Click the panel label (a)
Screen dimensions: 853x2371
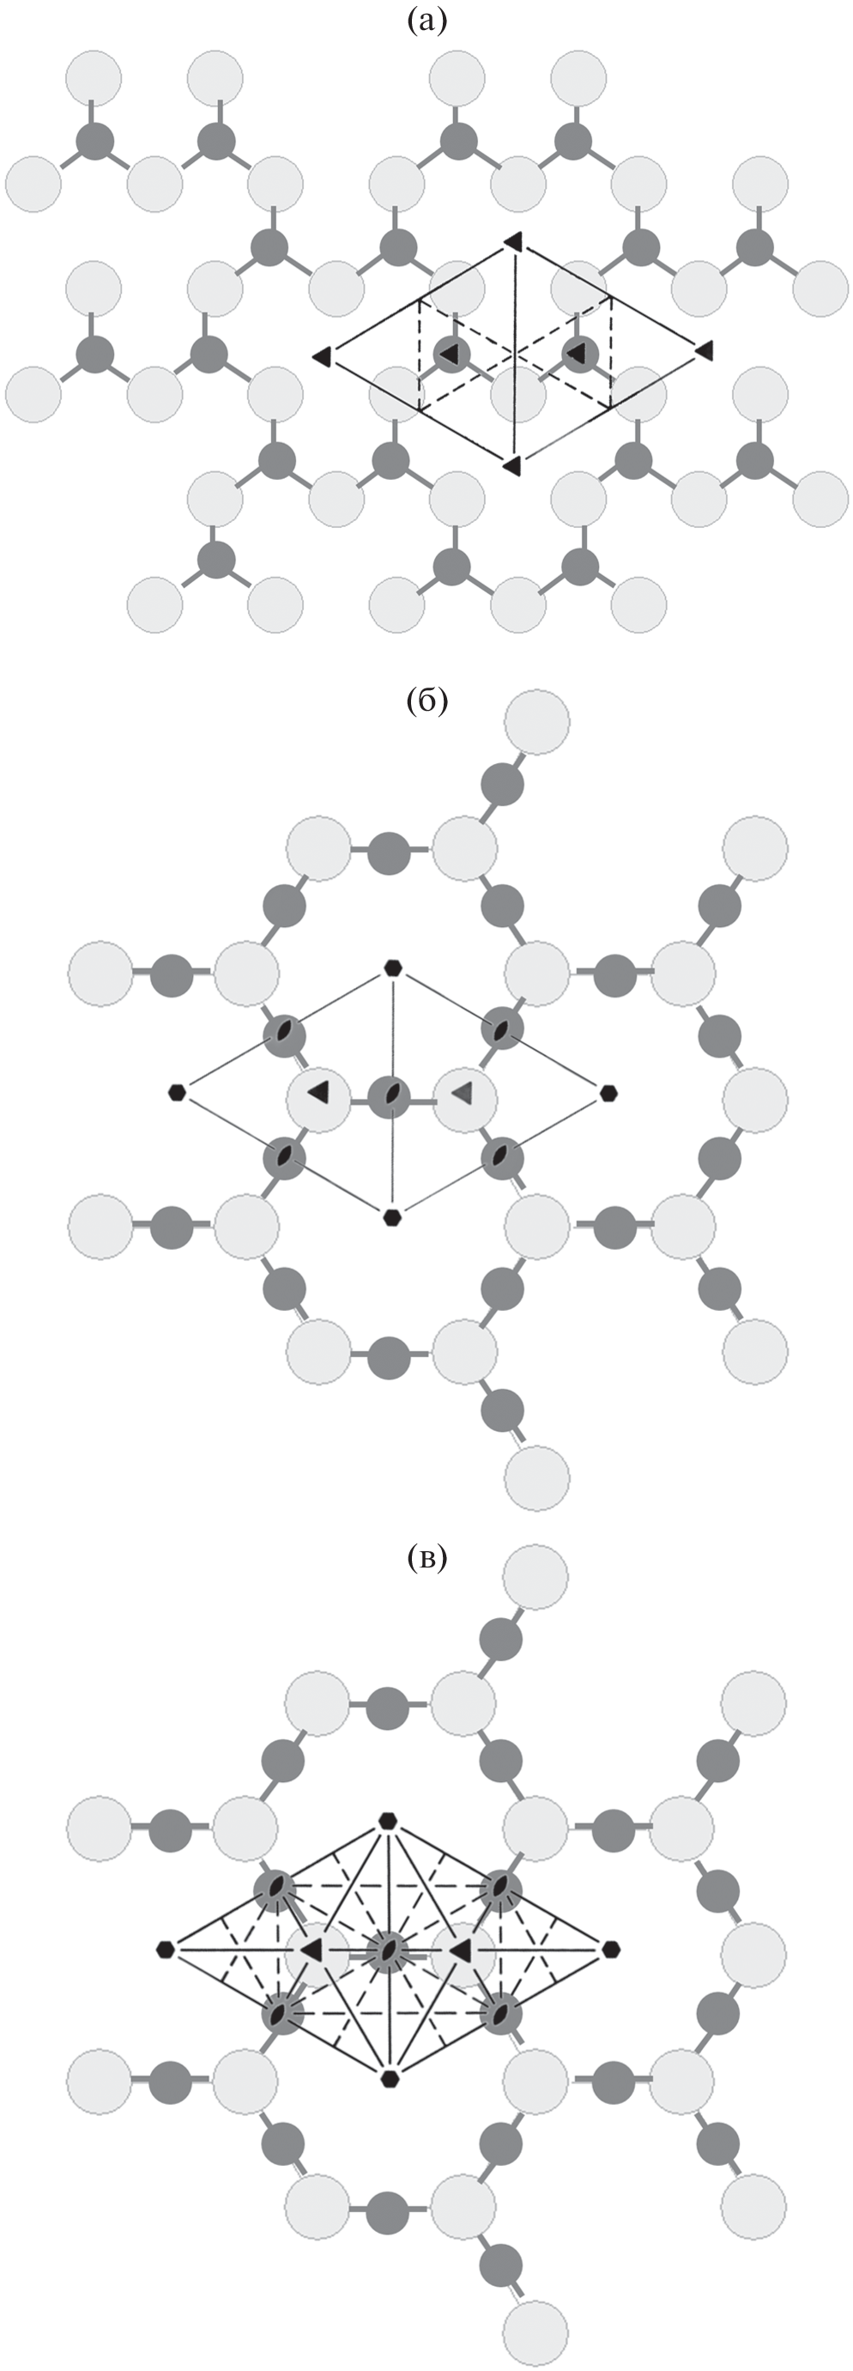coord(426,21)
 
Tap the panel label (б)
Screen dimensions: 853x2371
coord(426,700)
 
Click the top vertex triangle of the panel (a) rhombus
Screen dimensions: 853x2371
coord(513,241)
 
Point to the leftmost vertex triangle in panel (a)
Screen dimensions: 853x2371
coord(322,355)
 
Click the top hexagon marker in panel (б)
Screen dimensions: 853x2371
coord(393,967)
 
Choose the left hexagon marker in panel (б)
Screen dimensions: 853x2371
coord(177,1093)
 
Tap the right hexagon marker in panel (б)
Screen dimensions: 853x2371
coord(608,1094)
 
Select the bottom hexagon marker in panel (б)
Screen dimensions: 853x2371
coord(392,1218)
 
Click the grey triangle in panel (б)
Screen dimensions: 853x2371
coord(463,1093)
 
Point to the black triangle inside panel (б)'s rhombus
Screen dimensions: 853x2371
coord(318,1093)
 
